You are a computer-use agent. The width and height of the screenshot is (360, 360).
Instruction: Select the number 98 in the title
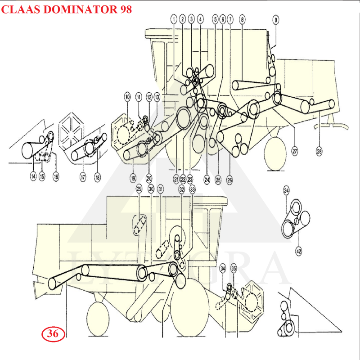click(x=126, y=9)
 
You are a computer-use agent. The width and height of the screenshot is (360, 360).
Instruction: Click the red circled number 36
click(x=53, y=333)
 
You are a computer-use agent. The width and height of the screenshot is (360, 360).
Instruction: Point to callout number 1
click(x=174, y=19)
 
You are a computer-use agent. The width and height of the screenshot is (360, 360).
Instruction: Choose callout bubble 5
click(x=215, y=19)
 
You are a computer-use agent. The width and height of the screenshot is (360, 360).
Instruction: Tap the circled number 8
click(x=243, y=19)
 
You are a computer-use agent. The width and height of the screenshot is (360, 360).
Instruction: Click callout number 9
click(x=276, y=19)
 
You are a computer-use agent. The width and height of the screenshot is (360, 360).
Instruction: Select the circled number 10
click(x=127, y=97)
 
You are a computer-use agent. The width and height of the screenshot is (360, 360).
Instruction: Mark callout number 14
click(x=33, y=177)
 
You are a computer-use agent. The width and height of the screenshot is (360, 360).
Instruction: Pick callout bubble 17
click(x=83, y=177)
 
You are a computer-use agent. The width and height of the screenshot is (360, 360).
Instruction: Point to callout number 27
click(x=295, y=152)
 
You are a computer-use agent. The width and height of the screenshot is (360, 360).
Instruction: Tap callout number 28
click(x=319, y=152)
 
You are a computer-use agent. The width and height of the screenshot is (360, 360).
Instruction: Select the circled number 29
click(x=139, y=189)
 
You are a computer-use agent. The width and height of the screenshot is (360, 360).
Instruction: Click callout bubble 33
click(x=193, y=189)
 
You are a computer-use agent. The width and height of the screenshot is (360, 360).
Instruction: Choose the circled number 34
click(x=223, y=269)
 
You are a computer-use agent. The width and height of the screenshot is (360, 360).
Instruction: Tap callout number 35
click(x=234, y=269)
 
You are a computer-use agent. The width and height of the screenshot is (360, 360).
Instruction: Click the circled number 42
click(x=298, y=251)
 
